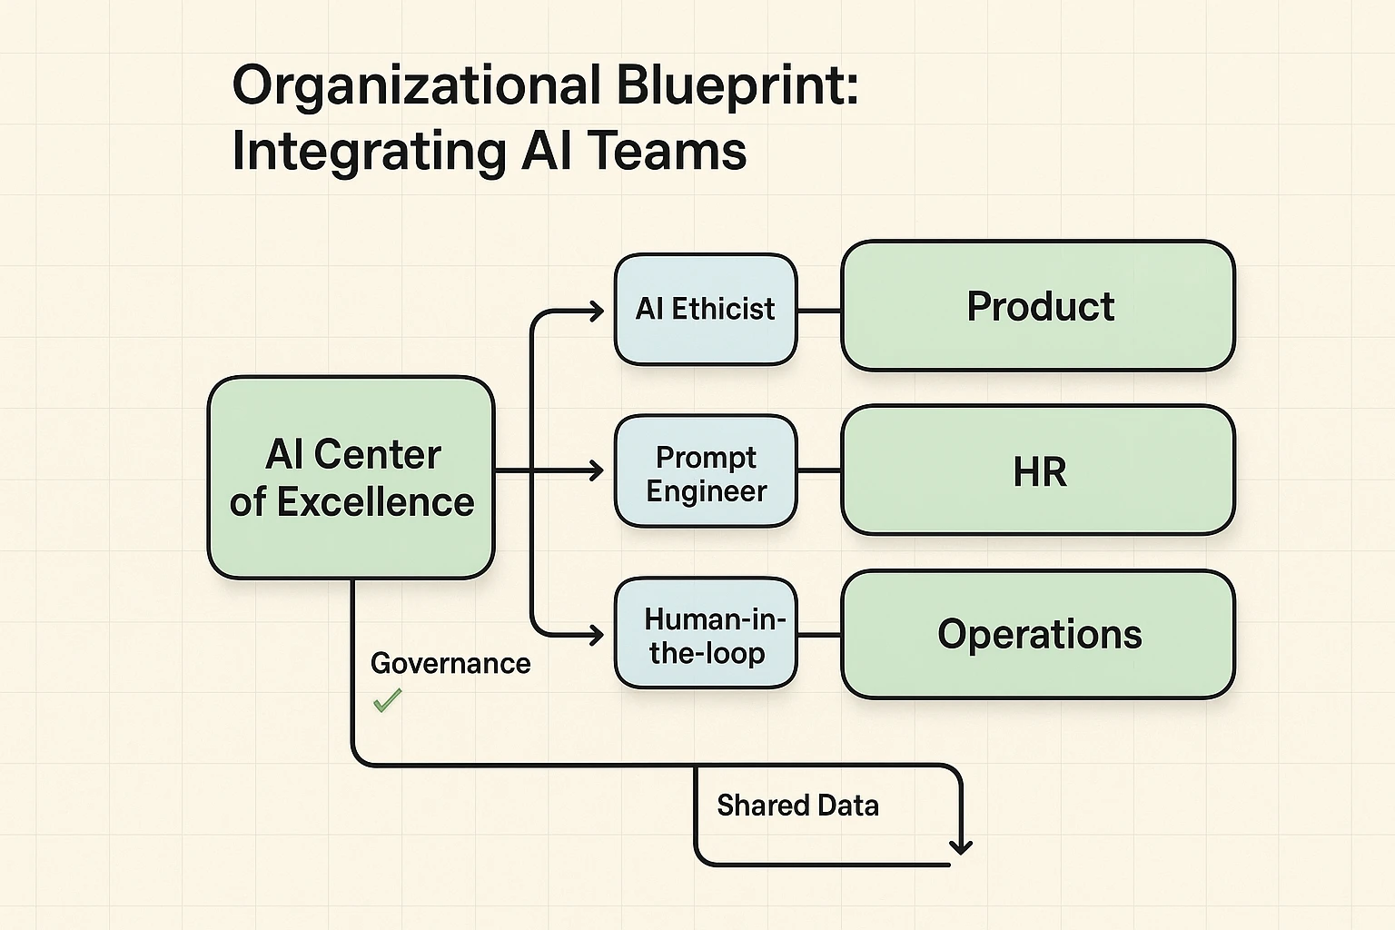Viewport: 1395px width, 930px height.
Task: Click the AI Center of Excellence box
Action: [351, 478]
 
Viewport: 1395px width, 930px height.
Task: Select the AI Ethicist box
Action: [706, 310]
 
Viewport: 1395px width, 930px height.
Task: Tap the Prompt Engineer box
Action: [706, 472]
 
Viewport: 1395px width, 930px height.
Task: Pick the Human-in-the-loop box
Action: [706, 635]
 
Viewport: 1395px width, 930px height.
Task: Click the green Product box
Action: [1038, 306]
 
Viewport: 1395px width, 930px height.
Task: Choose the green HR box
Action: [1038, 470]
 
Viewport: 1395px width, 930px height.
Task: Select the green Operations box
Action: [1038, 634]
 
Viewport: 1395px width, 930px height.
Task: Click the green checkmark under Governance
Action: [388, 700]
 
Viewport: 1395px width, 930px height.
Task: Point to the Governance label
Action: [450, 663]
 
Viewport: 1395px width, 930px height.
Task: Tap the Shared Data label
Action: [797, 806]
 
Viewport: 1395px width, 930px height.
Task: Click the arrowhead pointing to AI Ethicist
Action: [597, 312]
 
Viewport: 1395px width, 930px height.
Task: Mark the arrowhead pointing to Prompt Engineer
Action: [597, 470]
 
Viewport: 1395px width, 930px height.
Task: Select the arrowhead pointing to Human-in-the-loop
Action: [597, 635]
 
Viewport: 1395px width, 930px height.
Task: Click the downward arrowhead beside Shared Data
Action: [960, 846]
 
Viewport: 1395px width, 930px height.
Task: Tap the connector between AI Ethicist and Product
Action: [819, 311]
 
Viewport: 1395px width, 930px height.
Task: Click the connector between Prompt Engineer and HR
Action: [819, 470]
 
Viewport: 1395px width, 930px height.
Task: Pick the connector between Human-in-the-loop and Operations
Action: [819, 635]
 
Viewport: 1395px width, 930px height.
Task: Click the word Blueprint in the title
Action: [736, 86]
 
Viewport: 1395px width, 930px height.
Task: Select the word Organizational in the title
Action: [417, 86]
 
